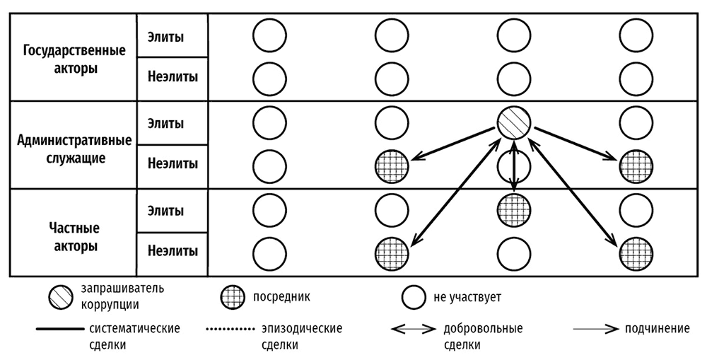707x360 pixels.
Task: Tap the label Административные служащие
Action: pyautogui.click(x=74, y=149)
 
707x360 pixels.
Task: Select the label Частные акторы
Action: pyautogui.click(x=74, y=237)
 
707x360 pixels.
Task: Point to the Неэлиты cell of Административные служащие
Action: pyautogui.click(x=173, y=164)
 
